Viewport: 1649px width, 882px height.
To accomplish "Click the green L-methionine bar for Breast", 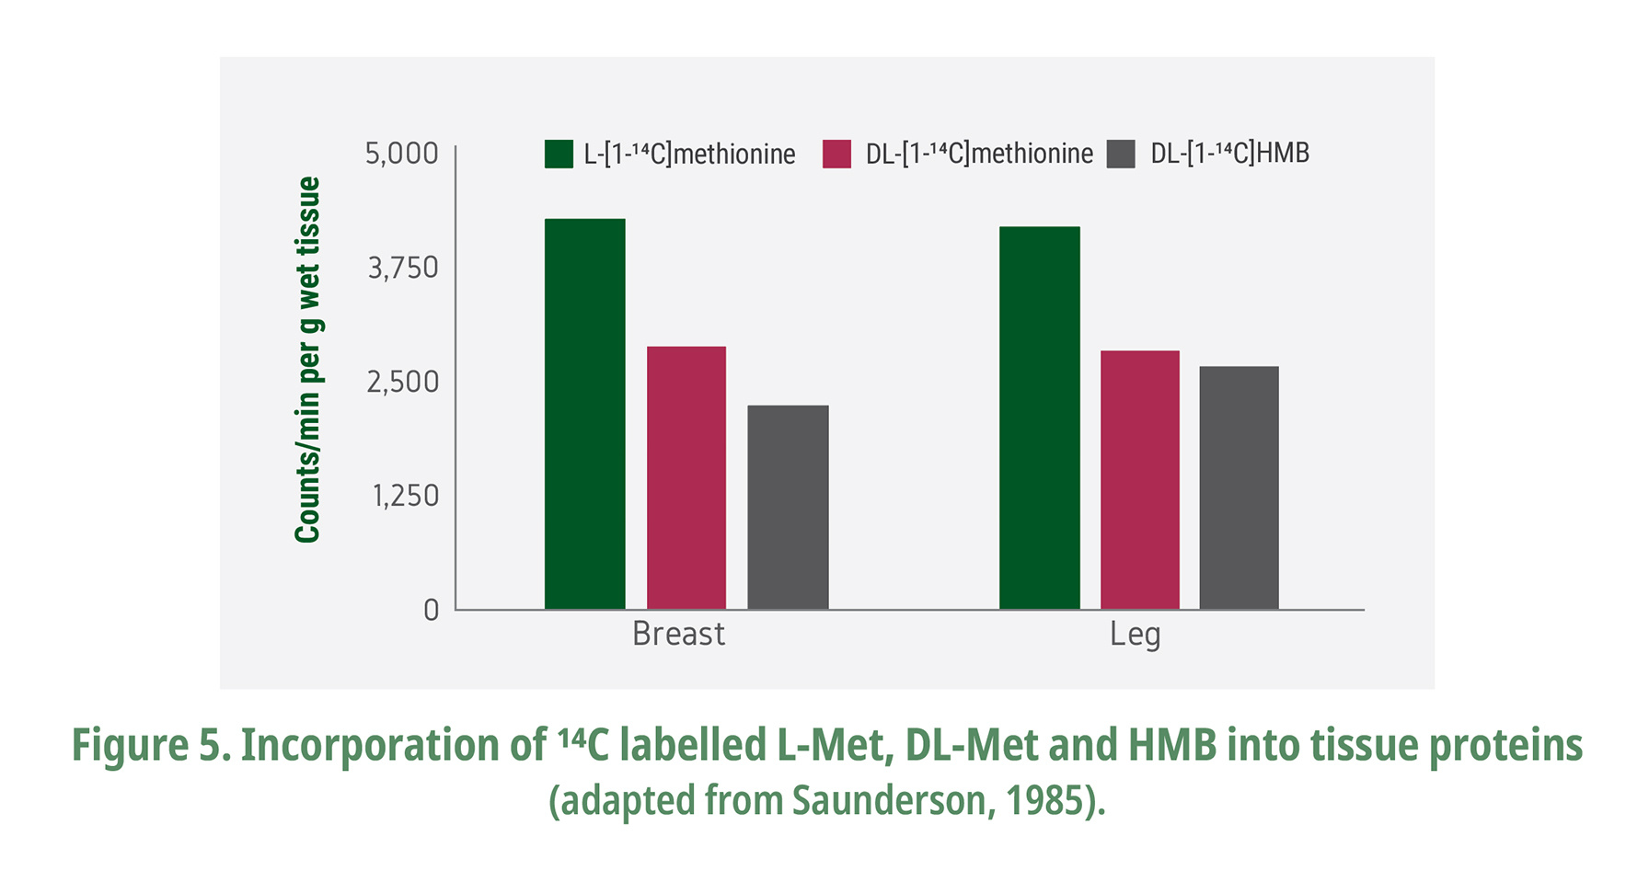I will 584,414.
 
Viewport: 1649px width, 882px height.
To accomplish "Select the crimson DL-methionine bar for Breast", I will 686,477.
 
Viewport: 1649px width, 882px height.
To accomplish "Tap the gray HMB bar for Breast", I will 788,507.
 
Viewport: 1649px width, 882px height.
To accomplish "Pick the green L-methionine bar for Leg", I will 1039,418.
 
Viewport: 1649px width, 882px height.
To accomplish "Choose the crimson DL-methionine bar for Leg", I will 1139,479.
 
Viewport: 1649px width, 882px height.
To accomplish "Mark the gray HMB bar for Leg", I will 1239,487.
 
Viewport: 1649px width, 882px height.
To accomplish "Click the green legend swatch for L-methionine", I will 559,154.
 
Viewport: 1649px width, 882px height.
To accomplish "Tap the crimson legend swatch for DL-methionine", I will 836,154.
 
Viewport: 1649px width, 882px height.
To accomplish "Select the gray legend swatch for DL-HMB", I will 1120,154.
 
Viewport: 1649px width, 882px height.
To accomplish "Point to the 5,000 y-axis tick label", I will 402,154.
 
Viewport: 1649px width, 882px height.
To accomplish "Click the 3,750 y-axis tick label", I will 403,268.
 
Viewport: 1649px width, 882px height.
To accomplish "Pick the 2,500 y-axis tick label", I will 403,382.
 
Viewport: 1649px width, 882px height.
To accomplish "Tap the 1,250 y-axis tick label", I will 405,496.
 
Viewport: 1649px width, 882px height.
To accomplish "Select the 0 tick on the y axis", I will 431,610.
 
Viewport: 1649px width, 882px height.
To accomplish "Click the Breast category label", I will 678,635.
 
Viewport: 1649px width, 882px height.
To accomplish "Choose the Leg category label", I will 1135,635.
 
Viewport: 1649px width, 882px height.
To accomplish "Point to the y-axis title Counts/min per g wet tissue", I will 307,359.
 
